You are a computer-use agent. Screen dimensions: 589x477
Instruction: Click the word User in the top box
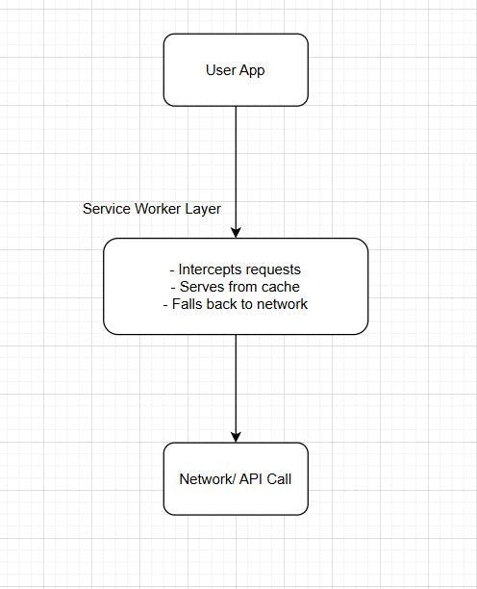(220, 70)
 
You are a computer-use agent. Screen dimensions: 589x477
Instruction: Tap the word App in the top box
(252, 70)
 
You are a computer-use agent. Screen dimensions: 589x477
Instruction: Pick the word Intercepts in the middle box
(212, 269)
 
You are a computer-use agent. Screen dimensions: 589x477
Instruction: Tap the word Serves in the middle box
(198, 287)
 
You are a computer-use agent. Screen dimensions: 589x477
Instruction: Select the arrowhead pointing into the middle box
(236, 232)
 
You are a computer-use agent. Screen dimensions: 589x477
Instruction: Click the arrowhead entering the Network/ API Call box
(236, 436)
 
